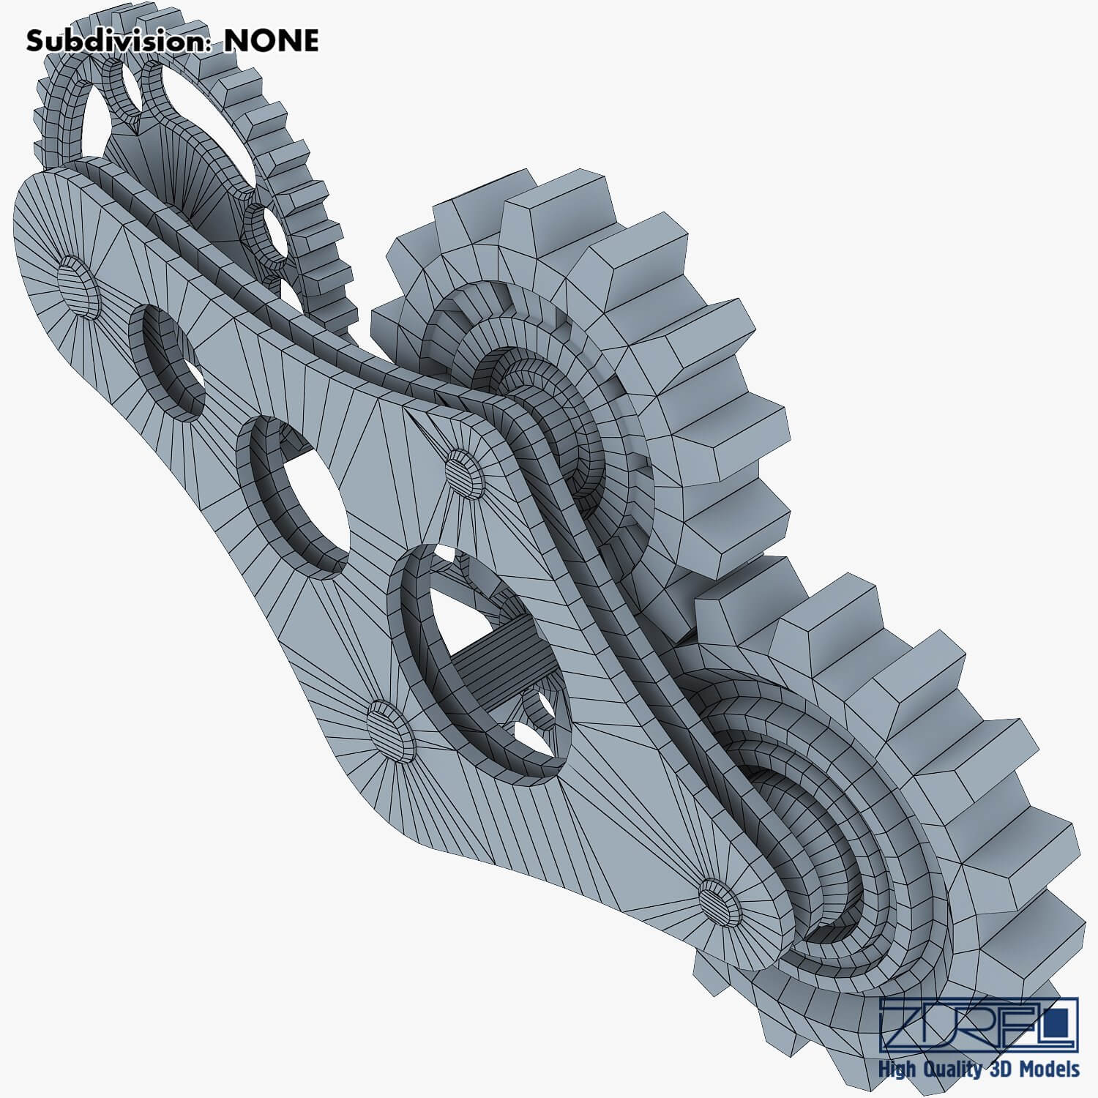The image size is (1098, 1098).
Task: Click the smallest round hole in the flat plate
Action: [x=167, y=363]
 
